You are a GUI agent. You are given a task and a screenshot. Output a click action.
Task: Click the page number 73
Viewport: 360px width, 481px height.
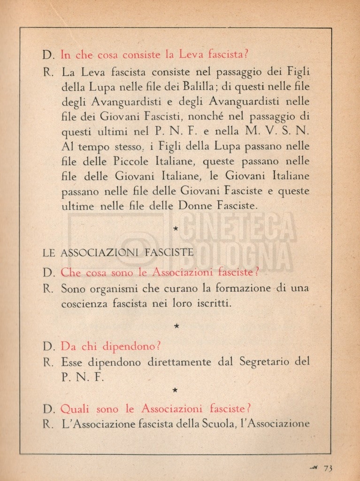[328, 468]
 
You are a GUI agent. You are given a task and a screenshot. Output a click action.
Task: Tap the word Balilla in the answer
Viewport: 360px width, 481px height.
[199, 87]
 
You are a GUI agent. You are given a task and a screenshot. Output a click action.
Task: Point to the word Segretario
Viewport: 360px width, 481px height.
[265, 362]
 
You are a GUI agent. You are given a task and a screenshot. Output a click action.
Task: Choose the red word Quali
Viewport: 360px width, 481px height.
[76, 408]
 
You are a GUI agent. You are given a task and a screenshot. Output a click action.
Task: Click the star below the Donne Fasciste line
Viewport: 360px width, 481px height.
[176, 229]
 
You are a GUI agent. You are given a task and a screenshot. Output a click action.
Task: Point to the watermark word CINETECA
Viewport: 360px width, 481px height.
[239, 226]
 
